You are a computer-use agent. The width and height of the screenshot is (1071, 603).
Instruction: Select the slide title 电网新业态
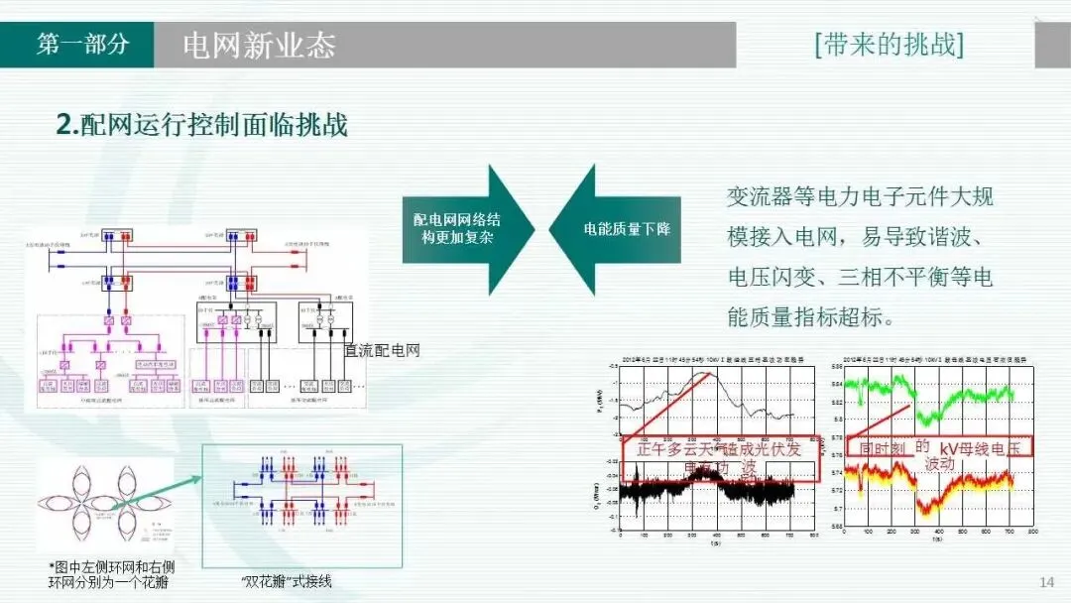coord(260,46)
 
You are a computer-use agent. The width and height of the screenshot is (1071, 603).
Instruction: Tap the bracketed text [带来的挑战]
coord(889,45)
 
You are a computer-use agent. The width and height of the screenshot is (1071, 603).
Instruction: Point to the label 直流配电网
coord(382,350)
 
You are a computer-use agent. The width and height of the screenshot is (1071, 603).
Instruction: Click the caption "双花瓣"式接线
coord(287,581)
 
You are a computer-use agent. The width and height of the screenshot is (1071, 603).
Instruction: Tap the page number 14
coord(1046,581)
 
